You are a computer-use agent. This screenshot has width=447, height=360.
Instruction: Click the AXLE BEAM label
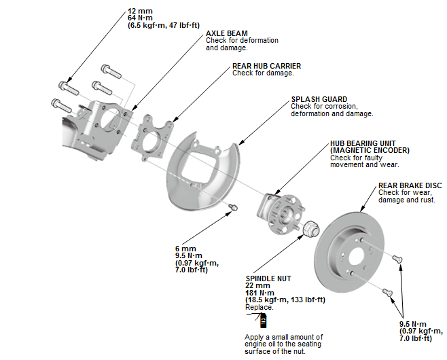(x=226, y=33)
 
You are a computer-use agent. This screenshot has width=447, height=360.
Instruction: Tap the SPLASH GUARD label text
(x=318, y=98)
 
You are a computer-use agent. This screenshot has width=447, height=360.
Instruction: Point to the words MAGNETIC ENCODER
(x=370, y=150)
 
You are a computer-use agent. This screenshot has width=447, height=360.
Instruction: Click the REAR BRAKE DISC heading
(x=410, y=185)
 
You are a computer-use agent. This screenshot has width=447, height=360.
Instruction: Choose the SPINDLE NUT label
(x=269, y=278)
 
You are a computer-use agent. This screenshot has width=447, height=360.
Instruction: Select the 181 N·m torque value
(x=262, y=293)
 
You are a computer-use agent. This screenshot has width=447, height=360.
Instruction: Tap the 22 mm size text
(x=257, y=286)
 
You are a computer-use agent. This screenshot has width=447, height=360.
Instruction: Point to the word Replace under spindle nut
(x=260, y=307)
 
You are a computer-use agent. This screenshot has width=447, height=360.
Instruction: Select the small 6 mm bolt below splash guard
(x=233, y=206)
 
